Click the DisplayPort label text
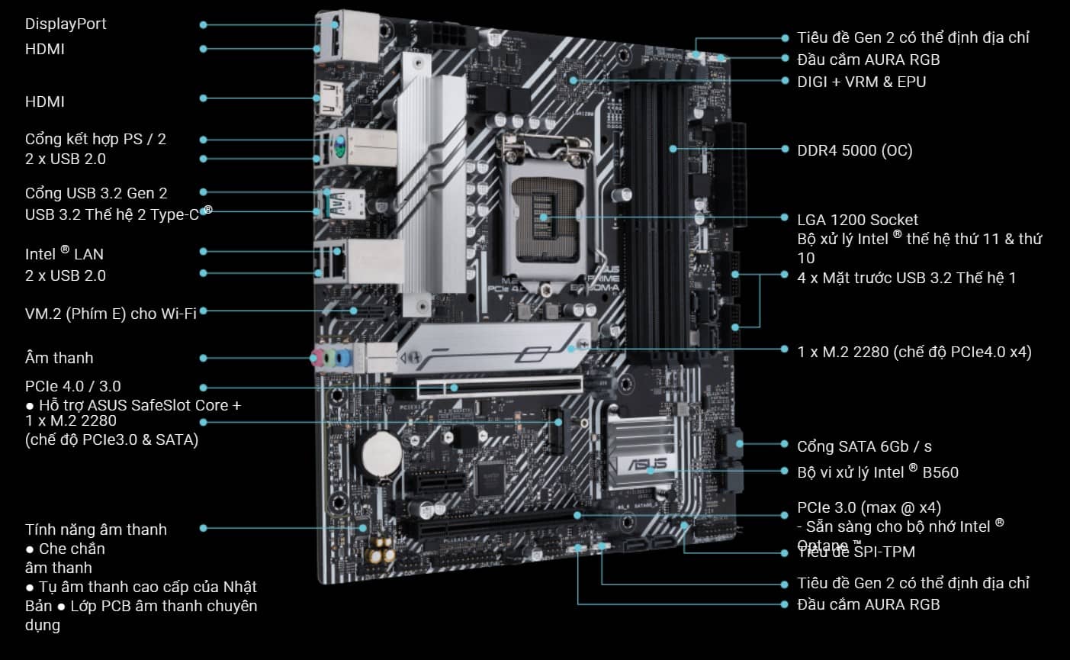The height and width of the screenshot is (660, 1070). click(66, 24)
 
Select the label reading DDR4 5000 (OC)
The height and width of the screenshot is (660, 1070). click(854, 150)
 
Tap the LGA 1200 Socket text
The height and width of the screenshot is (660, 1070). click(857, 220)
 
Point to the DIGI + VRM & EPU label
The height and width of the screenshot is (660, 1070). click(861, 82)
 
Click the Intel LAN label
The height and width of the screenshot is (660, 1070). click(64, 253)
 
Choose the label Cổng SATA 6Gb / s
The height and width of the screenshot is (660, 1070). click(864, 446)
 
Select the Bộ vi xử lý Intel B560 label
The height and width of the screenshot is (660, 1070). click(877, 472)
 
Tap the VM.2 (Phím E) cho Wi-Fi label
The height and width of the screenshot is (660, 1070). click(111, 313)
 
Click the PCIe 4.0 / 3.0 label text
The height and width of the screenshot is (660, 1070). click(72, 386)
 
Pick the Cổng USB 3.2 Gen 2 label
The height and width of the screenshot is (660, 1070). click(96, 193)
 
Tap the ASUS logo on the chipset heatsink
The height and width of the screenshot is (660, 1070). click(647, 464)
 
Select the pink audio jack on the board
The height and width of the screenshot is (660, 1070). click(317, 356)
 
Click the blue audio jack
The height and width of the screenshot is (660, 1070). click(344, 358)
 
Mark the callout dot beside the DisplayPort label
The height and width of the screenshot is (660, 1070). click(204, 24)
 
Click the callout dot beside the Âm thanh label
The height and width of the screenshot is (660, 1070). click(204, 358)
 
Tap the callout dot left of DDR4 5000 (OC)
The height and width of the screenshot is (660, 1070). click(786, 150)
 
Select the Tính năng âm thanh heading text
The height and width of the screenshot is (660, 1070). click(95, 530)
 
